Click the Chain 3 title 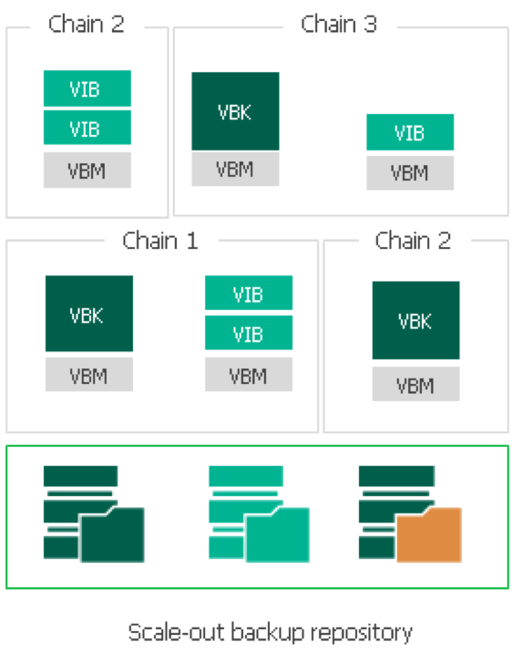pyautogui.click(x=339, y=24)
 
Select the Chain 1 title pyautogui.click(x=160, y=241)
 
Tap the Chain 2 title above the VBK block pyautogui.click(x=413, y=241)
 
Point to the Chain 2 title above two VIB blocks pyautogui.click(x=87, y=24)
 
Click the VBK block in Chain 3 pyautogui.click(x=235, y=111)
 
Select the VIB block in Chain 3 pyautogui.click(x=410, y=132)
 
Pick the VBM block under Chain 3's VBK pyautogui.click(x=235, y=169)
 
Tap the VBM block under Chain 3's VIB pyautogui.click(x=410, y=173)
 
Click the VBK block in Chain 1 pyautogui.click(x=89, y=314)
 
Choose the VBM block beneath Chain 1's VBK pyautogui.click(x=89, y=375)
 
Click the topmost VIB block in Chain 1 pyautogui.click(x=249, y=293)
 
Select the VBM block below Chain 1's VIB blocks pyautogui.click(x=249, y=375)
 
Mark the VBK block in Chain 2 pyautogui.click(x=416, y=320)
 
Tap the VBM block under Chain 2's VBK pyautogui.click(x=416, y=384)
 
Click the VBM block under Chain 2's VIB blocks pyautogui.click(x=87, y=170)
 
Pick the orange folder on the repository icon pyautogui.click(x=429, y=534)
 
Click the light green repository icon pyautogui.click(x=259, y=513)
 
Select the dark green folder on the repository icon pyautogui.click(x=111, y=534)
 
